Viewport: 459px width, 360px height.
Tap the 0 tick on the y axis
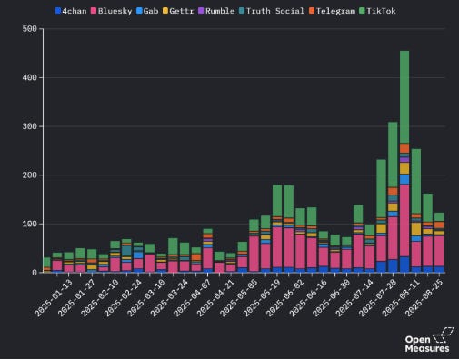click(32, 273)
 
